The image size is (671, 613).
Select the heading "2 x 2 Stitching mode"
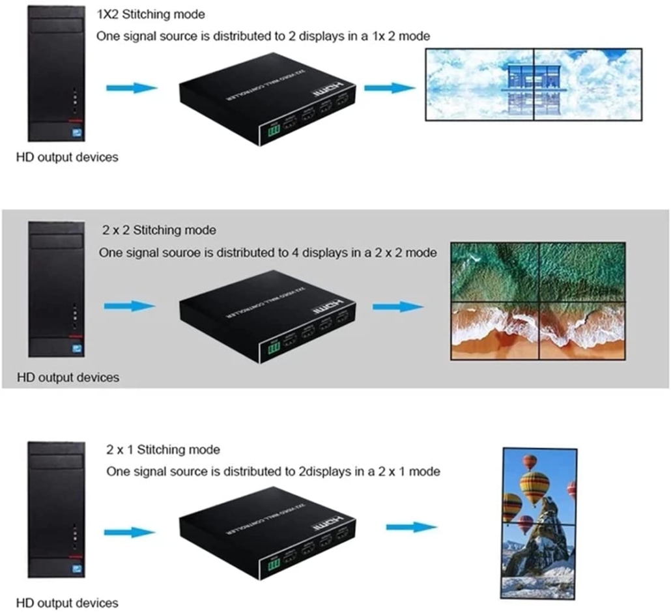(x=159, y=230)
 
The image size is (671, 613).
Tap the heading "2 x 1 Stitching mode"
(x=163, y=449)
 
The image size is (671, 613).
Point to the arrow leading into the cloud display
(x=389, y=87)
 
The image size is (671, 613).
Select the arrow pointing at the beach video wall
(x=398, y=306)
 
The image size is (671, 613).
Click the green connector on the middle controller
(x=274, y=349)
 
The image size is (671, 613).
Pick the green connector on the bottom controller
(x=274, y=564)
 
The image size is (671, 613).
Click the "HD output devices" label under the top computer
(x=68, y=157)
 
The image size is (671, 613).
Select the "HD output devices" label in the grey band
(x=68, y=377)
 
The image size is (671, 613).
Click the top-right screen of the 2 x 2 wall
(x=582, y=272)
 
